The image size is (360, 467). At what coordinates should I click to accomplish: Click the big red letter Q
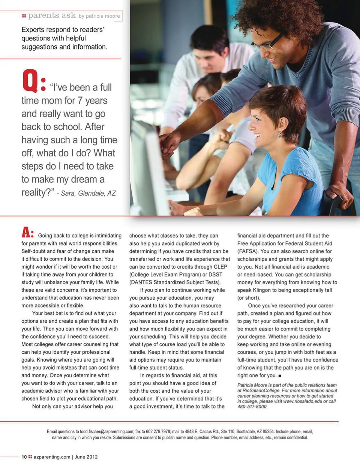pyautogui.click(x=30, y=81)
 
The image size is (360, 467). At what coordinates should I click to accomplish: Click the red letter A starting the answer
pyautogui.click(x=27, y=233)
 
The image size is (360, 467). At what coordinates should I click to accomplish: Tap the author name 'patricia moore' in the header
pyautogui.click(x=99, y=16)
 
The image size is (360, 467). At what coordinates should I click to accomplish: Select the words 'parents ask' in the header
pyautogui.click(x=52, y=15)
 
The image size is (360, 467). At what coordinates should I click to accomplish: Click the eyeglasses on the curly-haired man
pyautogui.click(x=268, y=44)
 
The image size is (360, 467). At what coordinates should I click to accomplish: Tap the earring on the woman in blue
pyautogui.click(x=279, y=134)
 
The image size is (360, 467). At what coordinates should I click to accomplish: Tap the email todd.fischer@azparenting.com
pyautogui.click(x=106, y=432)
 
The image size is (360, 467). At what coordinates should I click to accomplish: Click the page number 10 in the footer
pyautogui.click(x=24, y=457)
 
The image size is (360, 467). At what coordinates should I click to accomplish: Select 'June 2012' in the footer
pyautogui.click(x=86, y=457)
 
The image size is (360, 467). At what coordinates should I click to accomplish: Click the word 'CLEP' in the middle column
pyautogui.click(x=220, y=267)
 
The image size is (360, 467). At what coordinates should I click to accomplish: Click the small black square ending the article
pyautogui.click(x=280, y=375)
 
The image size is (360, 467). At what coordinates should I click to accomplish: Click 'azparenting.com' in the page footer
pyautogui.click(x=52, y=457)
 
